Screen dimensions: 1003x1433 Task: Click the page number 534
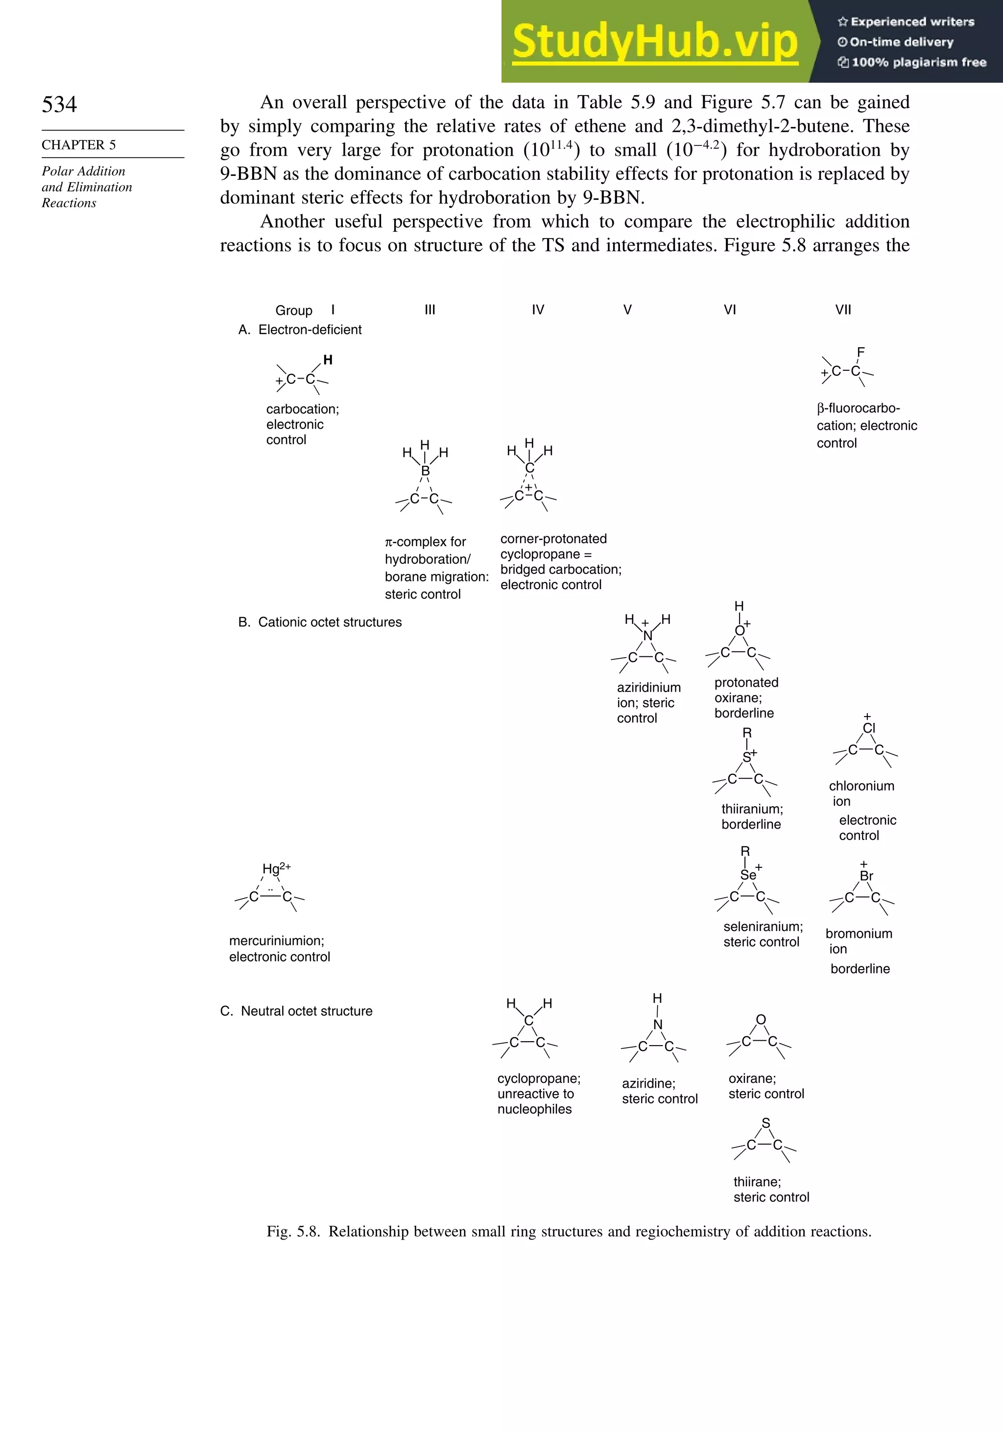tap(59, 104)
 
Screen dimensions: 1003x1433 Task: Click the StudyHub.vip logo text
tap(655, 42)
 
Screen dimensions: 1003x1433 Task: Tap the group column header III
tap(430, 310)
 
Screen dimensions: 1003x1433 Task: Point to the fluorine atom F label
tap(860, 352)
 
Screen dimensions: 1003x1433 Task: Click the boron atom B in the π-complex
tap(425, 471)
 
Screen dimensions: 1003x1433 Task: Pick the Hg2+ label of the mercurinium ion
tap(276, 868)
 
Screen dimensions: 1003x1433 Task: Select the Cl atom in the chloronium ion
tap(869, 728)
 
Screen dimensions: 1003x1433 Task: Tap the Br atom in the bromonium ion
tap(866, 876)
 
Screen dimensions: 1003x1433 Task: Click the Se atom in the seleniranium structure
tap(748, 875)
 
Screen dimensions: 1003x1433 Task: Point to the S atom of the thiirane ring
tap(766, 1123)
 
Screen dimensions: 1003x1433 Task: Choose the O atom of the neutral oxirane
tap(761, 1020)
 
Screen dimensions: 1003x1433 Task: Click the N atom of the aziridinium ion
tap(648, 636)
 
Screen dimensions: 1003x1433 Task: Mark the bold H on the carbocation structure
tap(328, 360)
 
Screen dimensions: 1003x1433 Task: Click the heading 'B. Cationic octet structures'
tap(320, 622)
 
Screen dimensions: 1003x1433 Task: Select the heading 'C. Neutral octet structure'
tap(296, 1011)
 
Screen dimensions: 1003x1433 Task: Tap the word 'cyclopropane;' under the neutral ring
tap(539, 1078)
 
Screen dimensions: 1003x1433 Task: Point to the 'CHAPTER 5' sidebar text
tap(79, 145)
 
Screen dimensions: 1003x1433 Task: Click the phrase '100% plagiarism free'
tap(918, 62)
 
